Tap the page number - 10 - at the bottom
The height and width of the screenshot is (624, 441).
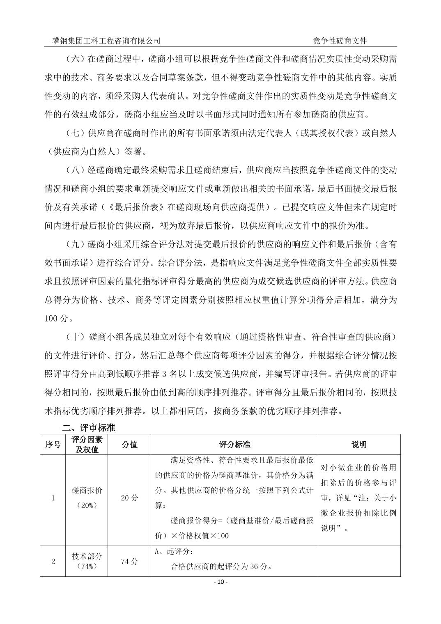(x=220, y=582)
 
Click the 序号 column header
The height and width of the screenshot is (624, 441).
(x=53, y=445)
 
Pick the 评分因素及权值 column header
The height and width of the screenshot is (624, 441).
(x=87, y=445)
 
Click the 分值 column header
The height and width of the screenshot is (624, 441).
(x=129, y=445)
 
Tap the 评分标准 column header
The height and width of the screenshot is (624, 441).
(x=234, y=445)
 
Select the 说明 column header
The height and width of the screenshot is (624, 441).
(x=359, y=445)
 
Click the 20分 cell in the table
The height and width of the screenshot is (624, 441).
(x=129, y=498)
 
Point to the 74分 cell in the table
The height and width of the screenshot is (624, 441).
(x=129, y=561)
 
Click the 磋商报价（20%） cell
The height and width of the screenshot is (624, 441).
(x=87, y=498)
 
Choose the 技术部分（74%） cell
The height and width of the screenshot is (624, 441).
(x=87, y=561)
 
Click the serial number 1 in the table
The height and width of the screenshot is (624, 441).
(x=53, y=498)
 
